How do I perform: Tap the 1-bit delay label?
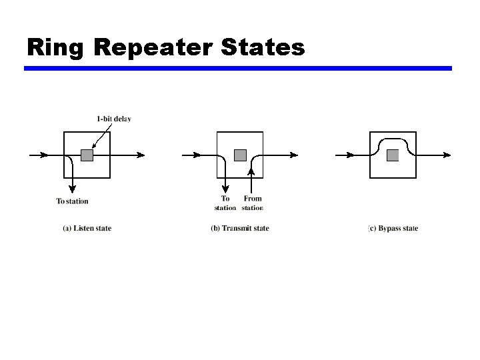coord(114,119)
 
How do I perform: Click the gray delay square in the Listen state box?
coord(87,155)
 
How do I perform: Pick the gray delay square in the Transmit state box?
coord(240,155)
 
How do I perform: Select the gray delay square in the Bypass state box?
coord(393,155)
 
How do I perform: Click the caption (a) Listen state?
coord(87,229)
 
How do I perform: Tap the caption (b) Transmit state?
coord(240,229)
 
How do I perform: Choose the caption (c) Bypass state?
coord(393,229)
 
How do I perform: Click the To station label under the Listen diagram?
coord(72,201)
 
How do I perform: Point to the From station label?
coord(253,203)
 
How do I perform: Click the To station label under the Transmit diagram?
coord(225,203)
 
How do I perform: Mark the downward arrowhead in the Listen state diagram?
coord(72,191)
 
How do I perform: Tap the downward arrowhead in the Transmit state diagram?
coord(227,189)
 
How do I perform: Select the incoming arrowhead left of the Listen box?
coord(44,155)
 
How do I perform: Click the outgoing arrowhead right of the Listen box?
coord(141,155)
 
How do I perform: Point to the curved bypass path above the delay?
coord(393,139)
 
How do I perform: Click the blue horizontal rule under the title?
coord(238,68)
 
